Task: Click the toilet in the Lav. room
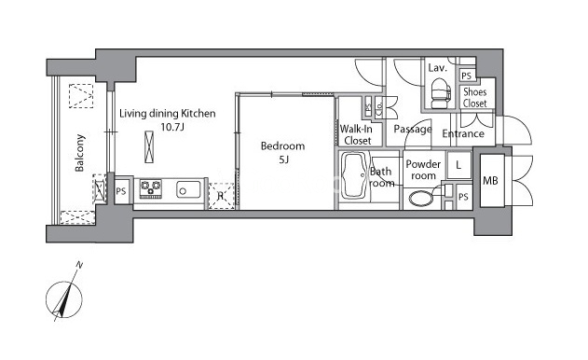coord(440,93)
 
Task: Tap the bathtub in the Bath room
coord(355,175)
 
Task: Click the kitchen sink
coord(188,190)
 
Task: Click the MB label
coord(490,181)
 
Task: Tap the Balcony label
coord(79,153)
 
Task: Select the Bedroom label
coord(282,146)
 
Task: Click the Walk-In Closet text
coord(356,134)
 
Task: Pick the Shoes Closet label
coord(474,98)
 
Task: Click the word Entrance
coord(463,133)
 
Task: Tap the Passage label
coord(413,130)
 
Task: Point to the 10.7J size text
coord(172,127)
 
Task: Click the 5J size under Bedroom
coord(283,160)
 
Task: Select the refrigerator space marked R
coord(221,196)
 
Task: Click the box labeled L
coord(458,165)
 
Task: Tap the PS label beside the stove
coord(121,191)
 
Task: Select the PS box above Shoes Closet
coord(467,76)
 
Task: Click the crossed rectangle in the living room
coord(149,146)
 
